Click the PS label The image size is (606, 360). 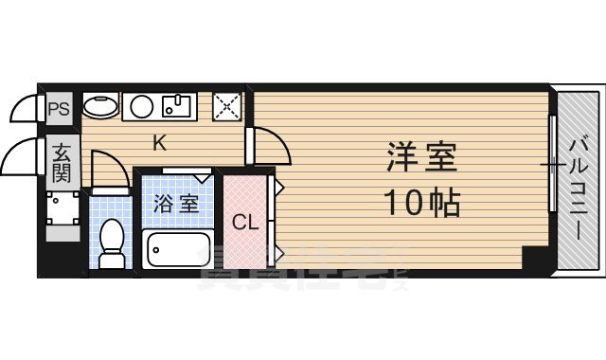tap(59, 108)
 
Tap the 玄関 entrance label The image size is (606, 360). tap(62, 161)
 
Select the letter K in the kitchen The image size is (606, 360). tap(160, 144)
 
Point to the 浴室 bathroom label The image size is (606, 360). tap(176, 203)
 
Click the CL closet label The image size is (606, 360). tap(245, 224)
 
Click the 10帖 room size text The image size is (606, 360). tap(421, 201)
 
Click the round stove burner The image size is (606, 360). tap(142, 105)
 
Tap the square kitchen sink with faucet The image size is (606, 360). tap(177, 105)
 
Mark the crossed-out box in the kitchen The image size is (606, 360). tap(227, 105)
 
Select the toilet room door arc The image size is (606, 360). tap(108, 171)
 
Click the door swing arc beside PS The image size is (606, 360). tap(26, 111)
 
